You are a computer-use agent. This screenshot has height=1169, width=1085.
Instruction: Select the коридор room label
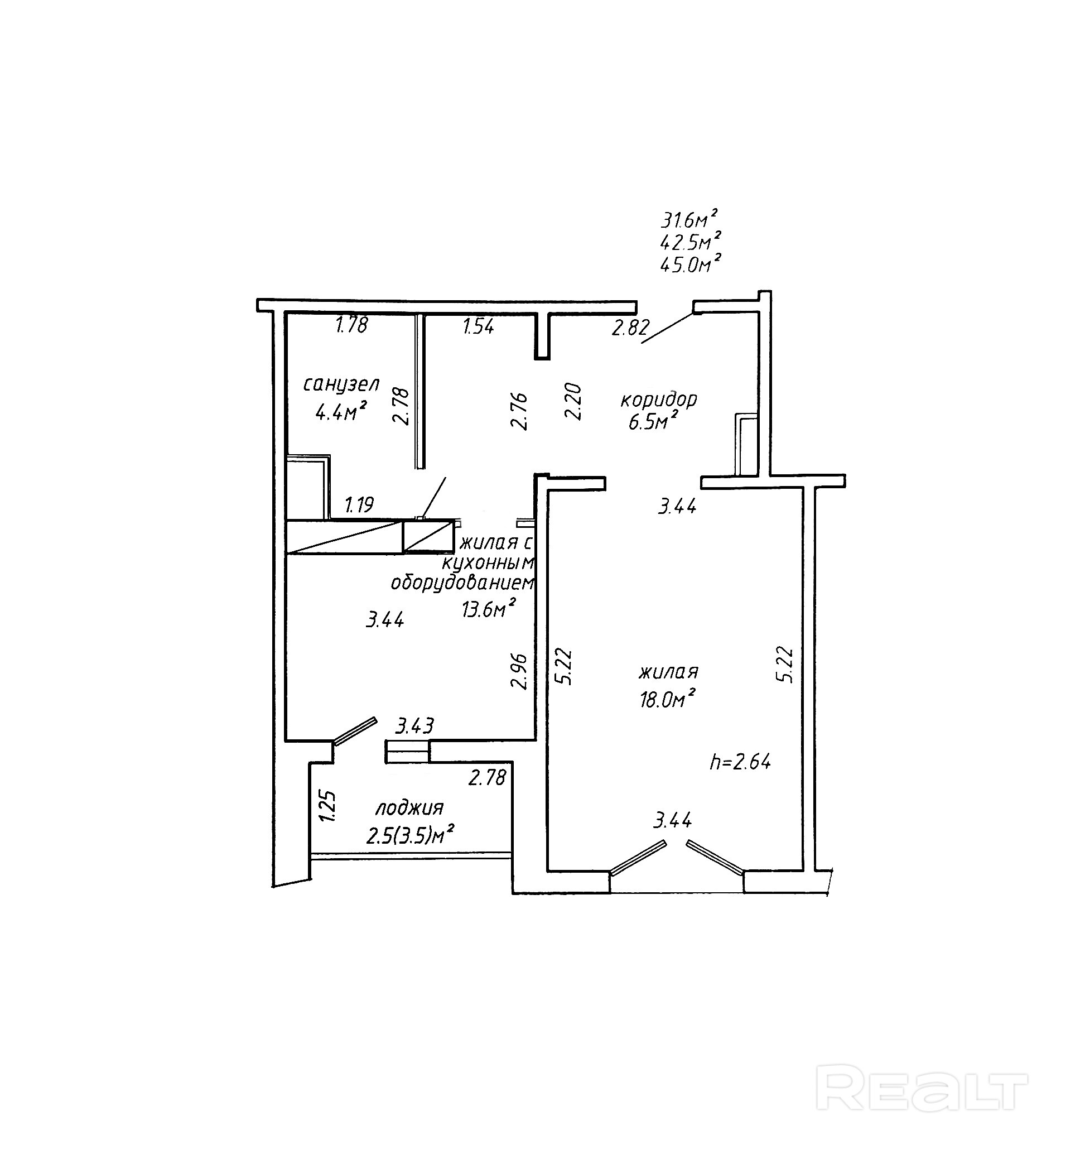659,400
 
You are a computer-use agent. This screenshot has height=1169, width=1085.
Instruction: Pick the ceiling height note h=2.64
740,762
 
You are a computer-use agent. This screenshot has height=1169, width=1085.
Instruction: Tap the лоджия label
409,809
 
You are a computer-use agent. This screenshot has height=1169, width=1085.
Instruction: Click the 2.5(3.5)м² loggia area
411,835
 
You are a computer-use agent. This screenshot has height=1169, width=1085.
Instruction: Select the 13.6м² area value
489,609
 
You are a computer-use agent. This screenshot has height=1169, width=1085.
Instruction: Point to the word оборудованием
463,583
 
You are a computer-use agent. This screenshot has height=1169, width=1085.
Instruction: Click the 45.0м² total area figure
690,265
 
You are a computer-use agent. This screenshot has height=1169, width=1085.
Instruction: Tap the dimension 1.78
351,325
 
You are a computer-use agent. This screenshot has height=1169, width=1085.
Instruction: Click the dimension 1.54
479,326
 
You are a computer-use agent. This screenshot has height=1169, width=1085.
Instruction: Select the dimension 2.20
573,401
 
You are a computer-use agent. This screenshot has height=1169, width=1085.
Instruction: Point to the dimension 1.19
359,504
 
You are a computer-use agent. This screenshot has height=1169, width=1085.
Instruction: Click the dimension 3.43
414,727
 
